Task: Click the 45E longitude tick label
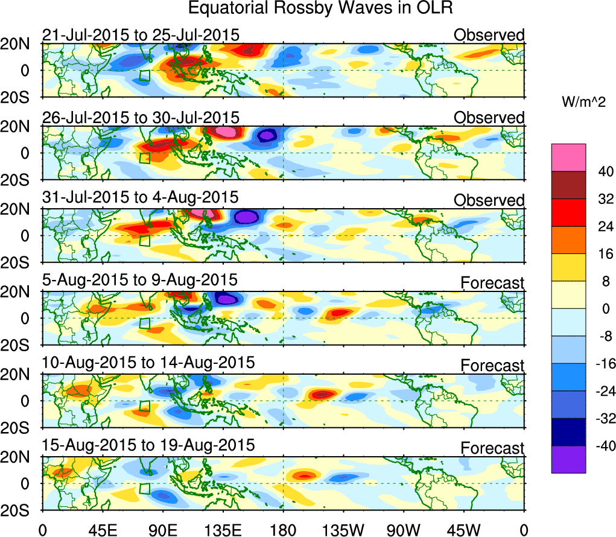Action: click(x=102, y=530)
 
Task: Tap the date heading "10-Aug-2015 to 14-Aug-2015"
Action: click(x=148, y=363)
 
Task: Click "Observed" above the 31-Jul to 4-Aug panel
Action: click(x=489, y=200)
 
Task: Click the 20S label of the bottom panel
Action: click(x=21, y=510)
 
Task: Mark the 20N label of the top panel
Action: click(x=21, y=43)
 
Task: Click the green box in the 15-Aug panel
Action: click(x=144, y=489)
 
